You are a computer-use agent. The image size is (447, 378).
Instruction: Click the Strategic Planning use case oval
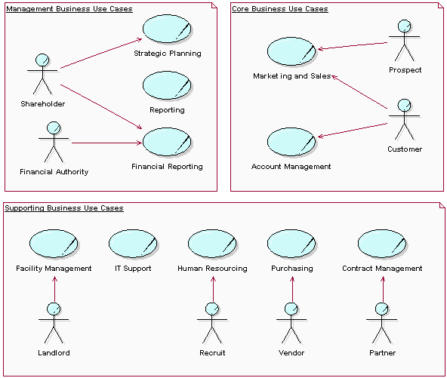coord(167,29)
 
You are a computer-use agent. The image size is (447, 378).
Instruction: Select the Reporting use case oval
coord(167,86)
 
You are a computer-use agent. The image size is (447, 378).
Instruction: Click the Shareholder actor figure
coord(42,74)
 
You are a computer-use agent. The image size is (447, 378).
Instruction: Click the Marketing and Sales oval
coord(291,52)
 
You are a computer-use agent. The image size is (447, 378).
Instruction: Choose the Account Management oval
coord(291,142)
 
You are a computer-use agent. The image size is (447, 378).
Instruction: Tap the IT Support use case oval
coord(133,244)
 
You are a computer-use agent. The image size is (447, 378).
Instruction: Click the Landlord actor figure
coord(54,322)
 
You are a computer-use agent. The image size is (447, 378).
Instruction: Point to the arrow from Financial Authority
coord(106,143)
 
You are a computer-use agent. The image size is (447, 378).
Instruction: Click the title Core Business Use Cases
coord(279,9)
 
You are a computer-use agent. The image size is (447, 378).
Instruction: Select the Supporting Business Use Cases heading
coord(64,207)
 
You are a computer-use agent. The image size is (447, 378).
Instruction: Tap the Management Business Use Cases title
coord(69,9)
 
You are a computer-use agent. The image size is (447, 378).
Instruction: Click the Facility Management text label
coord(54,268)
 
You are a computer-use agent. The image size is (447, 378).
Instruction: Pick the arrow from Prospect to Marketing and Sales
coord(353,45)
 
